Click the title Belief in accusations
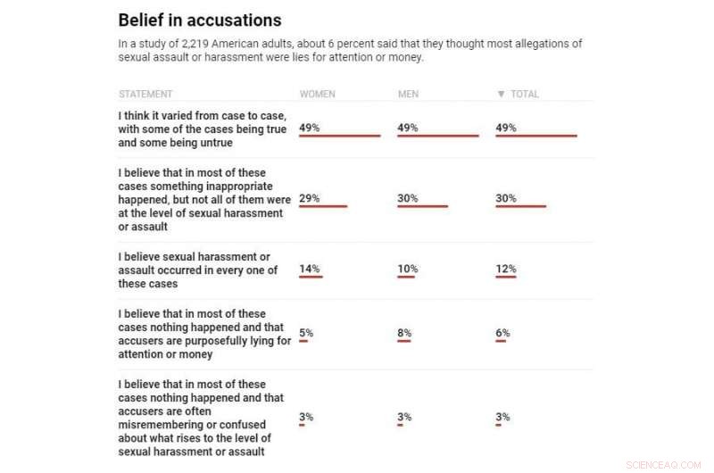(x=200, y=21)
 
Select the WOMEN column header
(x=318, y=94)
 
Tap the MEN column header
(x=409, y=94)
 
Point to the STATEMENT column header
(x=145, y=94)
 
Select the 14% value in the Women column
(x=309, y=269)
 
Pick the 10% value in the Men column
(x=407, y=269)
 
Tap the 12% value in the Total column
(x=505, y=269)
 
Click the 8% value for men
(x=404, y=333)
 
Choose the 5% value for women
(x=306, y=333)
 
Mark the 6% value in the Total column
(x=502, y=333)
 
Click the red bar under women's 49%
(x=339, y=136)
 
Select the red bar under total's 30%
(x=520, y=206)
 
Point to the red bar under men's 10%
(x=406, y=277)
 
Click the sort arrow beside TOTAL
(x=501, y=94)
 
